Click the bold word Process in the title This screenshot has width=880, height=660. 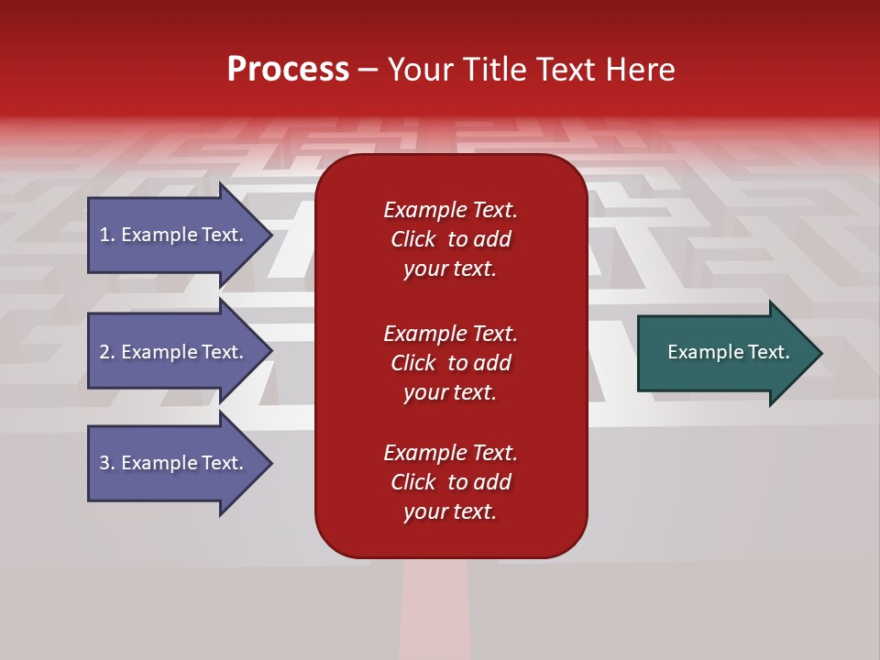tap(288, 70)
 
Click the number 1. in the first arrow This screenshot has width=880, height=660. tap(107, 235)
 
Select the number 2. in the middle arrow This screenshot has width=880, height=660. tap(107, 352)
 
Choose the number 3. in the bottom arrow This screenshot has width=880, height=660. tap(107, 463)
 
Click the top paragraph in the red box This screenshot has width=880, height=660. tap(450, 239)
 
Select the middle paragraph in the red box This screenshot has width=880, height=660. tap(450, 363)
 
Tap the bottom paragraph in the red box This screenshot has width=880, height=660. tap(450, 482)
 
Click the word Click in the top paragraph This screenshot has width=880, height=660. tap(413, 239)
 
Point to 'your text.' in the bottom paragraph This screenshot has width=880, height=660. tap(450, 511)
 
